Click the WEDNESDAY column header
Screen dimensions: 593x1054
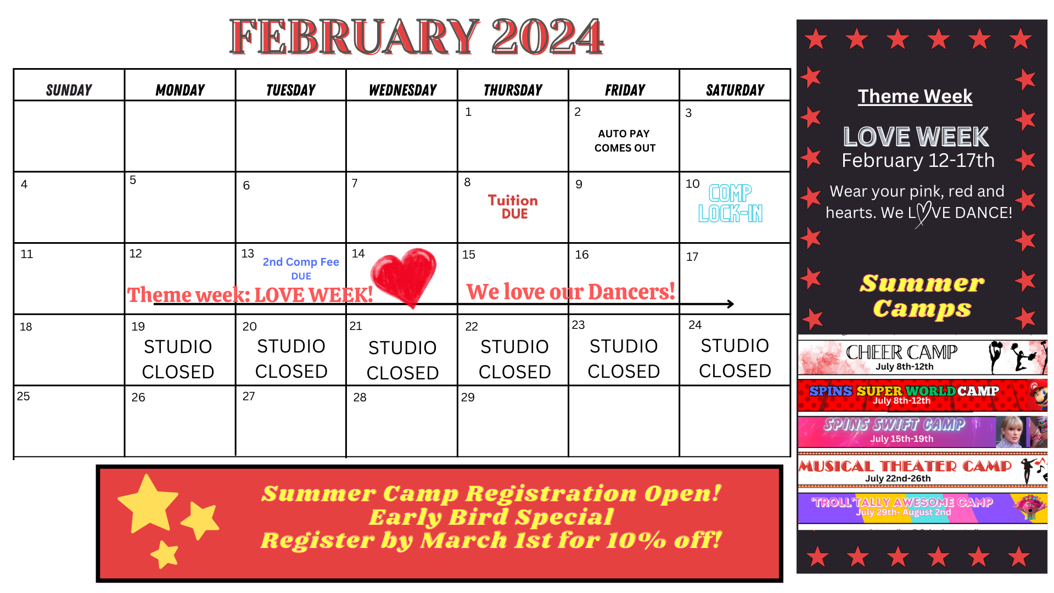[402, 90]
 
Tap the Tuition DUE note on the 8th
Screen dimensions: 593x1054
[513, 207]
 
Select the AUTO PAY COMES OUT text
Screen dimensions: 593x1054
[624, 141]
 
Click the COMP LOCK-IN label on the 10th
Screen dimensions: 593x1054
[731, 203]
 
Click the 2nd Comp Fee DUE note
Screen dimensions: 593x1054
[301, 268]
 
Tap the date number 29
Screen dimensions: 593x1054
[468, 398]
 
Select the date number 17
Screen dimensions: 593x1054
[692, 257]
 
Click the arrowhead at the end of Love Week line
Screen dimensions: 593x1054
[731, 304]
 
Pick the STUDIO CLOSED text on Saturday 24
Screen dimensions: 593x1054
[735, 358]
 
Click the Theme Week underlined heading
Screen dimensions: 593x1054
[915, 97]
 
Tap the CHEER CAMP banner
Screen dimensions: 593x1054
[922, 357]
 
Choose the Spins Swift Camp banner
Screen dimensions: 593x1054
[922, 432]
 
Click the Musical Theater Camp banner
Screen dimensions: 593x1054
[922, 470]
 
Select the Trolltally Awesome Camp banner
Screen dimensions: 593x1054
[922, 507]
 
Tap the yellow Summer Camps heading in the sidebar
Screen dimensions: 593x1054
[922, 296]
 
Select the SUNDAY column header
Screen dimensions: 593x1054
[69, 90]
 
